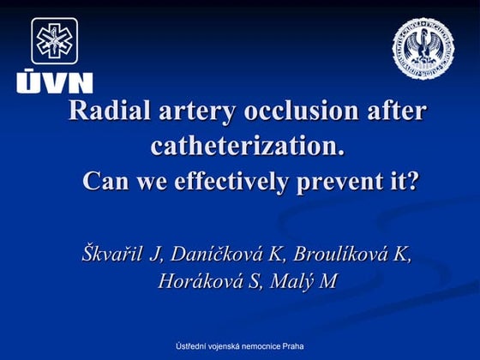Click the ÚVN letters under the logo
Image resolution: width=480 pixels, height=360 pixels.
tap(53, 82)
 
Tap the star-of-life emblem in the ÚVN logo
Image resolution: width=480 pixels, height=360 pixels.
tap(55, 40)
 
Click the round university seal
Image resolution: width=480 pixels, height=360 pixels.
tap(423, 49)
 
